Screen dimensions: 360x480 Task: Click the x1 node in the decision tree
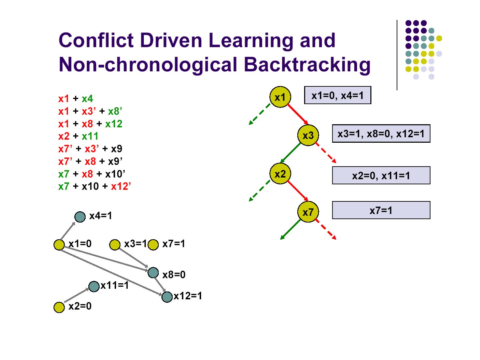[x=280, y=97]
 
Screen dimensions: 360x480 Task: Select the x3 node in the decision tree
[x=308, y=135]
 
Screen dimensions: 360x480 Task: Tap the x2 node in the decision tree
[x=280, y=174]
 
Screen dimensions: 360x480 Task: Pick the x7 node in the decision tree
[x=308, y=212]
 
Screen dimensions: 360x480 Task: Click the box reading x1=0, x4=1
[x=337, y=95]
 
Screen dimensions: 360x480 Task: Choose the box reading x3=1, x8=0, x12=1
[x=381, y=134]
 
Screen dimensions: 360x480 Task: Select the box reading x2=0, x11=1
[x=381, y=175]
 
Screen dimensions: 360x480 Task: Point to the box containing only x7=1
[x=381, y=210]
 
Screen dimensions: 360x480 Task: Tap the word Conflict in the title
[x=97, y=40]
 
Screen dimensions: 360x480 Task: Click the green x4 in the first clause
[x=87, y=99]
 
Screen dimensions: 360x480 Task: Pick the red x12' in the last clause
[x=121, y=186]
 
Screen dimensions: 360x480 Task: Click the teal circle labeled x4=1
[x=80, y=217]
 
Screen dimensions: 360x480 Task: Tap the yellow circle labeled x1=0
[x=59, y=245]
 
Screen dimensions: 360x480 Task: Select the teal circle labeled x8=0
[x=153, y=273]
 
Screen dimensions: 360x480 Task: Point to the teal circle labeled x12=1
[x=167, y=296]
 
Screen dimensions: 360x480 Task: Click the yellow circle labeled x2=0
[x=59, y=307]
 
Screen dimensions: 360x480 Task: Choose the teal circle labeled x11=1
[x=94, y=286]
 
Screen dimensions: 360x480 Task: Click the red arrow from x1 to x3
[x=297, y=114]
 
